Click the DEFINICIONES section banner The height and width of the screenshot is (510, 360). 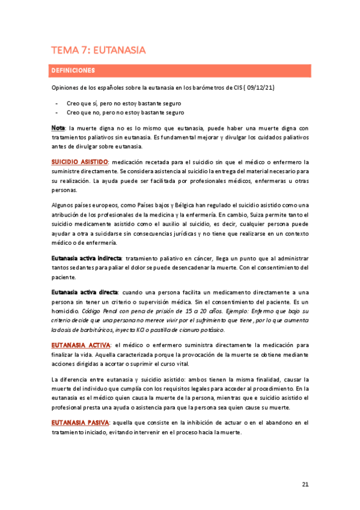click(x=180, y=70)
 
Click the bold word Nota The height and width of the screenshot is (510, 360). click(x=58, y=128)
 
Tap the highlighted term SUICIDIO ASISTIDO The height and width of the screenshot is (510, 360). click(x=79, y=162)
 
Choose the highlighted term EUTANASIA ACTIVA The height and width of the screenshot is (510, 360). click(x=81, y=345)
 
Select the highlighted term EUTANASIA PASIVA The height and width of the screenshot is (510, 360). click(x=80, y=422)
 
